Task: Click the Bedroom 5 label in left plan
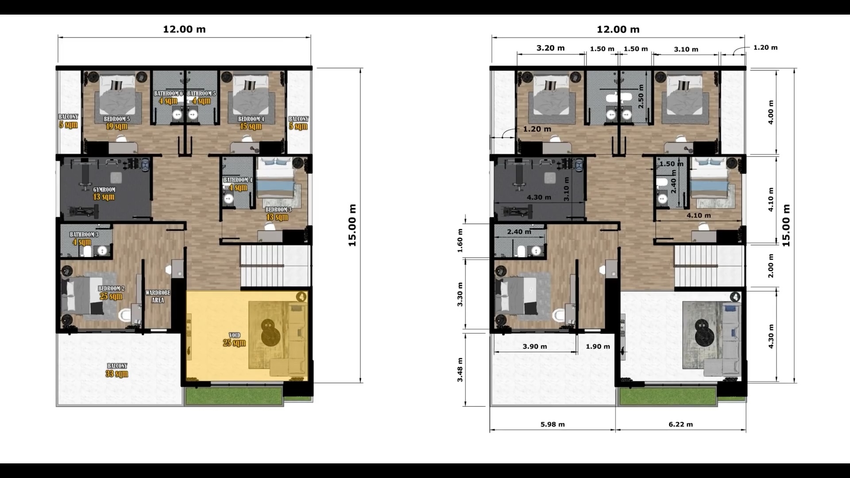click(x=117, y=123)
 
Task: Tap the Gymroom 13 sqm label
click(x=104, y=193)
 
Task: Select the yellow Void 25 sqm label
click(x=234, y=339)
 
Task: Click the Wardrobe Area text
click(x=158, y=297)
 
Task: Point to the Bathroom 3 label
click(x=84, y=238)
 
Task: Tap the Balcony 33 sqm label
click(x=117, y=370)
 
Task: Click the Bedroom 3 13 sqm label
click(x=278, y=213)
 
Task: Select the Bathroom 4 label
click(x=238, y=184)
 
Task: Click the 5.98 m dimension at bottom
click(x=552, y=424)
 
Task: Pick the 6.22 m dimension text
click(x=680, y=424)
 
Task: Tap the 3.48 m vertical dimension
click(x=460, y=370)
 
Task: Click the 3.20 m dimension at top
click(x=550, y=48)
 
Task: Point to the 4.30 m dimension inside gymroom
click(x=539, y=197)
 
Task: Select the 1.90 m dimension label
click(x=598, y=347)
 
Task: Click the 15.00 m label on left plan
click(x=352, y=225)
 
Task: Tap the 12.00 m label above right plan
click(x=618, y=29)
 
